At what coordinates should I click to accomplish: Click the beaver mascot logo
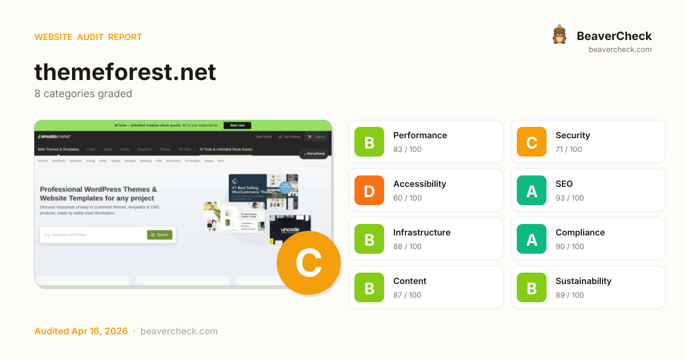tap(559, 35)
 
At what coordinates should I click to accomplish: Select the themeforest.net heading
tap(125, 73)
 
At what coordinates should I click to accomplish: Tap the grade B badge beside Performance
tap(369, 142)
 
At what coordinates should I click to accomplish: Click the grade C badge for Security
tap(532, 142)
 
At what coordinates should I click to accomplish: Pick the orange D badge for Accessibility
tap(369, 190)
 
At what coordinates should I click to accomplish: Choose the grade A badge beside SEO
tap(532, 190)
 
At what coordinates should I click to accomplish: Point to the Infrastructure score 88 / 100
tap(407, 246)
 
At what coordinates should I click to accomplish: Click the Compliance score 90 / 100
tap(569, 246)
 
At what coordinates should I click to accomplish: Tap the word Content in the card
tap(409, 281)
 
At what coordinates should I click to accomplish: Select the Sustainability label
tap(583, 281)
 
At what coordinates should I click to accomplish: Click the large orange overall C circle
tap(309, 263)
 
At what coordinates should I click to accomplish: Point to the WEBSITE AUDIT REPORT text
tap(88, 37)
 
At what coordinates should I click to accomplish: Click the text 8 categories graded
tap(83, 94)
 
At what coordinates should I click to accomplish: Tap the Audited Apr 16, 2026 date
tap(81, 331)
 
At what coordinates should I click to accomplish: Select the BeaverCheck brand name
tap(614, 36)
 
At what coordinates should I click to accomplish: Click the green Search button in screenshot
tap(159, 235)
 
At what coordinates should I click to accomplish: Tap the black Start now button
tap(237, 125)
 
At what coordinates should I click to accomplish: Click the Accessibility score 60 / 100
tap(407, 198)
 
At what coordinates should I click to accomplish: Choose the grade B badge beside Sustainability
tap(532, 287)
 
